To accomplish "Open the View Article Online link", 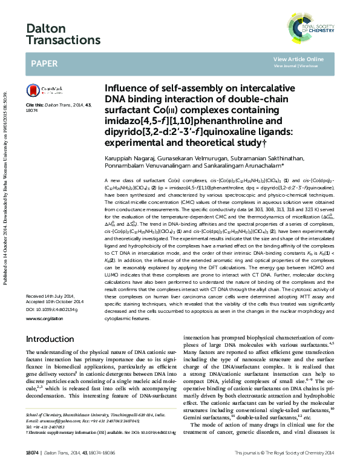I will pos(298,59).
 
